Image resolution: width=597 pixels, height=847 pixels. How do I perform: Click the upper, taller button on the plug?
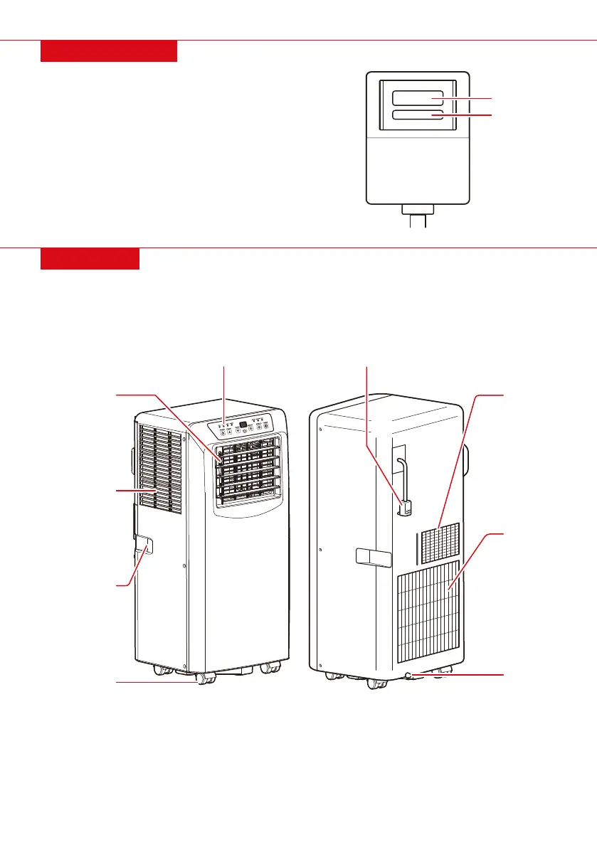(x=418, y=97)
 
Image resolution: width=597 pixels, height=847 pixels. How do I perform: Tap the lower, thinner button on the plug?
(x=418, y=115)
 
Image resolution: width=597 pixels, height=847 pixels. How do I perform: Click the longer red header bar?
(x=108, y=51)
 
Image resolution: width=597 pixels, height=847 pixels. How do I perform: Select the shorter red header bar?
(x=90, y=259)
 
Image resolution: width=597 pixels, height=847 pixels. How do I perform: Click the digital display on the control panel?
(x=243, y=425)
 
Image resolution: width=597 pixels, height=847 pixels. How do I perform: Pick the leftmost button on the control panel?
(x=221, y=431)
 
